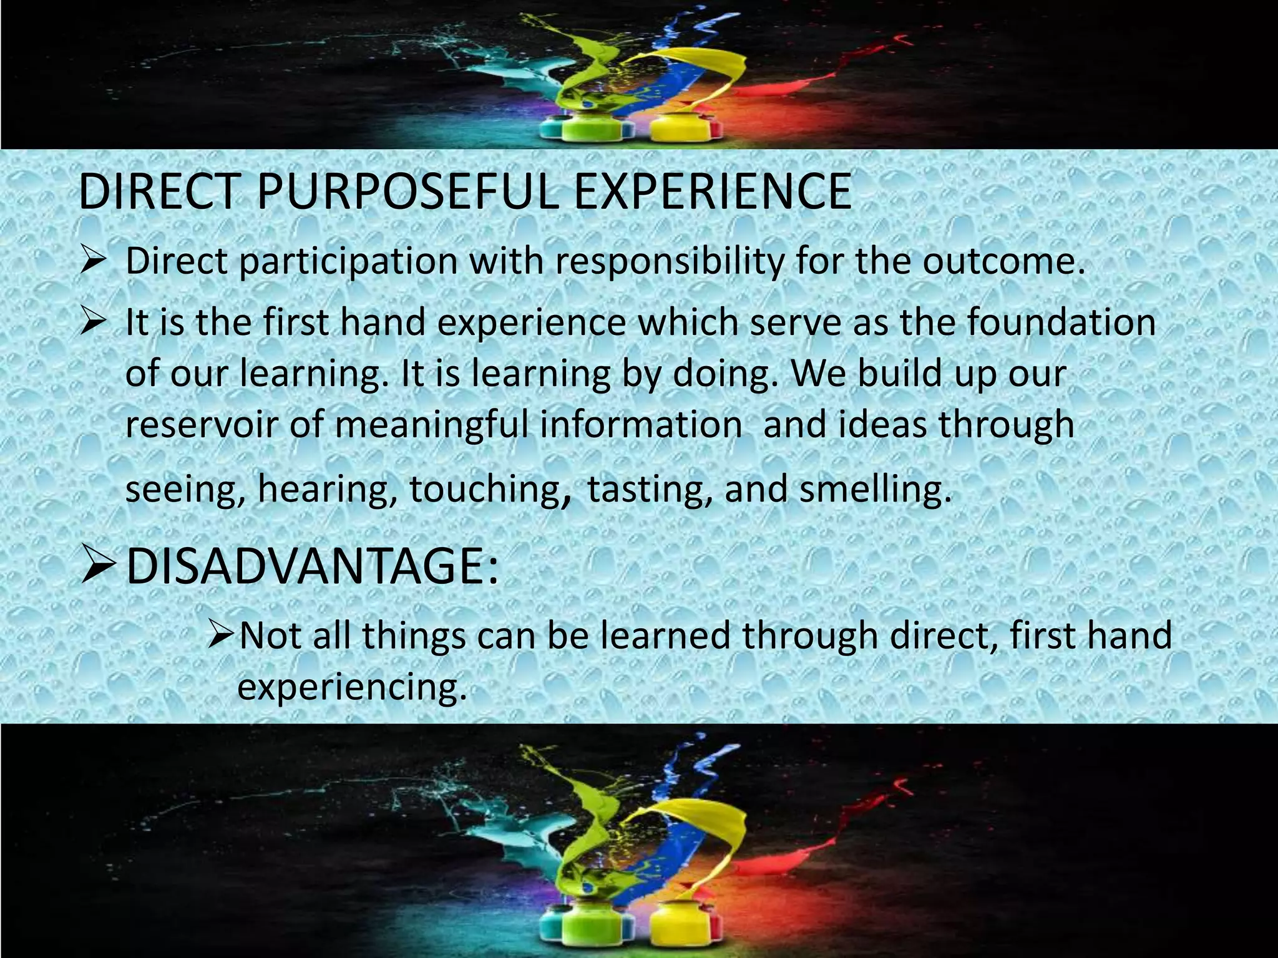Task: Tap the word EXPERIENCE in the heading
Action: point(712,191)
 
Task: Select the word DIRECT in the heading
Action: point(159,191)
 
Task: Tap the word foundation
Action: point(1061,322)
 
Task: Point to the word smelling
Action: point(876,489)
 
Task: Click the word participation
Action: point(348,262)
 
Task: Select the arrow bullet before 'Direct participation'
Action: point(94,262)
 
